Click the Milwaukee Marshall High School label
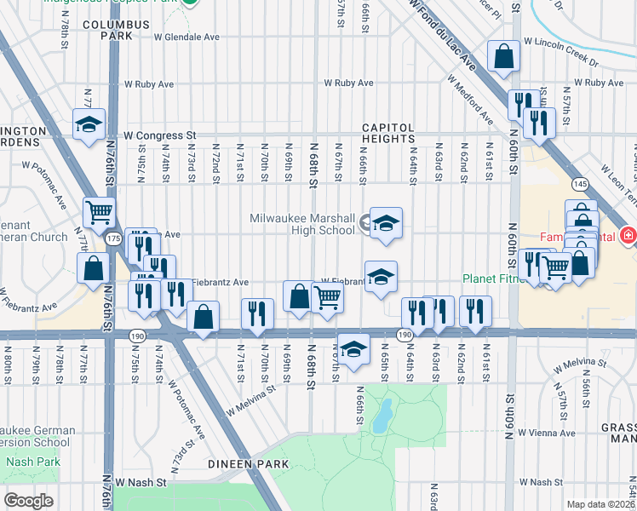(x=302, y=224)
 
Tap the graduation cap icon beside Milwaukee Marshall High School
(x=385, y=225)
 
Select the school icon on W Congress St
(x=88, y=125)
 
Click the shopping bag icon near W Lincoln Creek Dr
(x=503, y=57)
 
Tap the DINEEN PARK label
(x=247, y=464)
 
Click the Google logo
(x=28, y=501)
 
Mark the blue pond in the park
(x=382, y=416)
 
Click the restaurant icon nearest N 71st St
(x=257, y=314)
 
